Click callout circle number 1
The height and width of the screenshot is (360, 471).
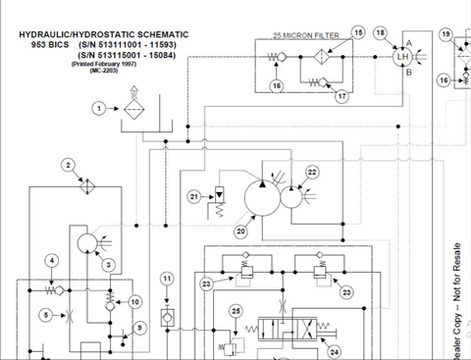pos(97,109)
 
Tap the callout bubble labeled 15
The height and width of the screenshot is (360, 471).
pos(357,32)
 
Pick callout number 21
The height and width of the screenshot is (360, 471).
pos(194,197)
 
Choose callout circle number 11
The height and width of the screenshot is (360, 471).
pos(168,279)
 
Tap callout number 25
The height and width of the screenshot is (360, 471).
pos(235,311)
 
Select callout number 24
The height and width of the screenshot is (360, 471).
pos(335,350)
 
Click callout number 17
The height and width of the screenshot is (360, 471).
pos(341,96)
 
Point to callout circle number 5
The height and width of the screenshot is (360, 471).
pos(46,314)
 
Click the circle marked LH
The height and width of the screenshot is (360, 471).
pos(401,58)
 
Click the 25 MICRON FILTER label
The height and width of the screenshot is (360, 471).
pos(306,34)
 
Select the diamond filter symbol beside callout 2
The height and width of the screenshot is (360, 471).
pos(85,184)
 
